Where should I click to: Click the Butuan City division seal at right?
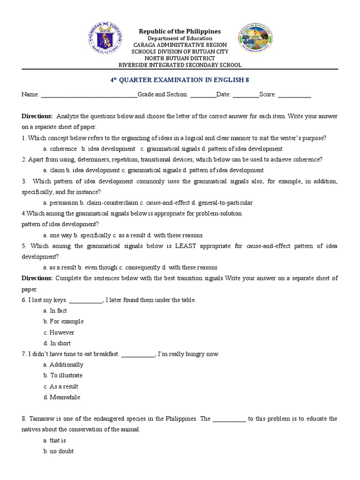tap(255, 39)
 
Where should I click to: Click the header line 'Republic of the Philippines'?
tap(180, 31)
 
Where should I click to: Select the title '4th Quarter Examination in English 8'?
tap(180, 80)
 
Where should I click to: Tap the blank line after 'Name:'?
tap(89, 95)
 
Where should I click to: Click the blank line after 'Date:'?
tap(246, 95)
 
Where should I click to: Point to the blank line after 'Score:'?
tap(294, 95)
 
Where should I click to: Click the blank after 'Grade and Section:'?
tap(203, 95)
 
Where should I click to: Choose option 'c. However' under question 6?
tap(59, 332)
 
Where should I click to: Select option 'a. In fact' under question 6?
tap(55, 311)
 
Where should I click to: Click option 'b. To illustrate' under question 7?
tap(63, 375)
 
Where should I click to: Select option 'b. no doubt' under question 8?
tap(58, 451)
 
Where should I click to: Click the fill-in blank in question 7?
tap(138, 354)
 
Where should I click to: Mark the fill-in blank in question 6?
tap(86, 300)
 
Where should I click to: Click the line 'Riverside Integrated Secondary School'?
tap(180, 65)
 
